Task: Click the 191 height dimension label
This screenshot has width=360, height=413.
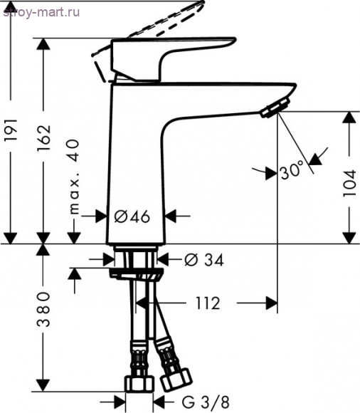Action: [x=11, y=130]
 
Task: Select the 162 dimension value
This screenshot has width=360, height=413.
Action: [x=43, y=137]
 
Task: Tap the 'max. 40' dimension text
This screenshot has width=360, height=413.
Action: [x=74, y=177]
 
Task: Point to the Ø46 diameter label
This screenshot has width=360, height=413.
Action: [x=132, y=216]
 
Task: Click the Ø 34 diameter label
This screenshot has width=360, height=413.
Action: [x=204, y=260]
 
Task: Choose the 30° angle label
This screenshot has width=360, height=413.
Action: [x=292, y=171]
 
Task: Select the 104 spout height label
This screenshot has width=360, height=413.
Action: [x=349, y=184]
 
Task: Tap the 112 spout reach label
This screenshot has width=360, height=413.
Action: [x=208, y=303]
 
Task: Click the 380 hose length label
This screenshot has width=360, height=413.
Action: [x=43, y=310]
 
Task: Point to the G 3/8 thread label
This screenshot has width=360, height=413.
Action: [x=206, y=402]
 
